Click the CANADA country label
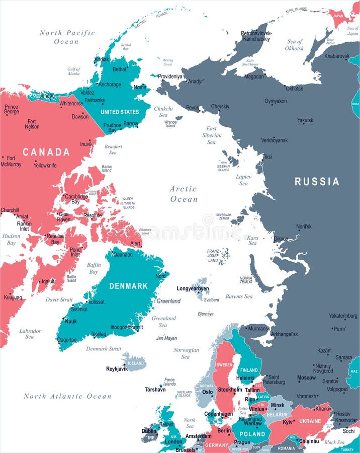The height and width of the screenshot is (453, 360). tap(46, 152)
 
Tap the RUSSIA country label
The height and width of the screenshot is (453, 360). tap(317, 182)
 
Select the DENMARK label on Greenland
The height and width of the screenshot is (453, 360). tap(129, 286)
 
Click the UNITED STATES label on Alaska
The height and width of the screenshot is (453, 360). tap(119, 112)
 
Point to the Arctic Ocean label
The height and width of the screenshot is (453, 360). tap(184, 194)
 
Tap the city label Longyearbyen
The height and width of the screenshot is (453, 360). tap(193, 289)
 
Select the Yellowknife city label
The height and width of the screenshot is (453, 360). tap(45, 165)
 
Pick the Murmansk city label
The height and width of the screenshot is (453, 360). tap(259, 329)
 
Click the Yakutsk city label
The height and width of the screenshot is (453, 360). tap(305, 120)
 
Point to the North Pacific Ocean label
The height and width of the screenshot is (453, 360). tap(67, 37)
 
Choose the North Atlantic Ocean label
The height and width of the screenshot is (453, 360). tap(67, 396)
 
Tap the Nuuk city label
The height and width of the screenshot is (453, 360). tap(71, 321)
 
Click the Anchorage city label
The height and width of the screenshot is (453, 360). tap(110, 85)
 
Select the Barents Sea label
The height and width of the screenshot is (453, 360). tap(239, 296)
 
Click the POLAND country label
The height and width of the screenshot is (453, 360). tap(252, 434)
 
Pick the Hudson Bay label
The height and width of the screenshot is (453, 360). tap(11, 239)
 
